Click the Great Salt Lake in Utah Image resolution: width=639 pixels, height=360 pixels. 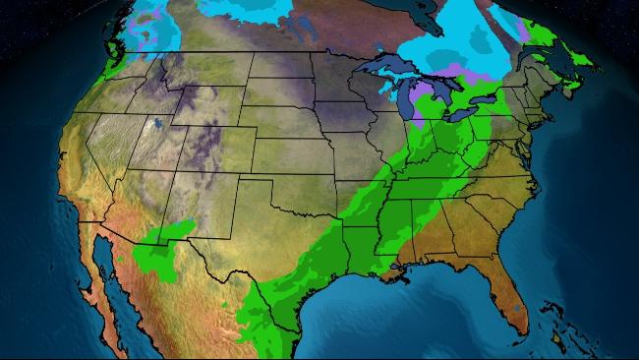pyautogui.click(x=155, y=126)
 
